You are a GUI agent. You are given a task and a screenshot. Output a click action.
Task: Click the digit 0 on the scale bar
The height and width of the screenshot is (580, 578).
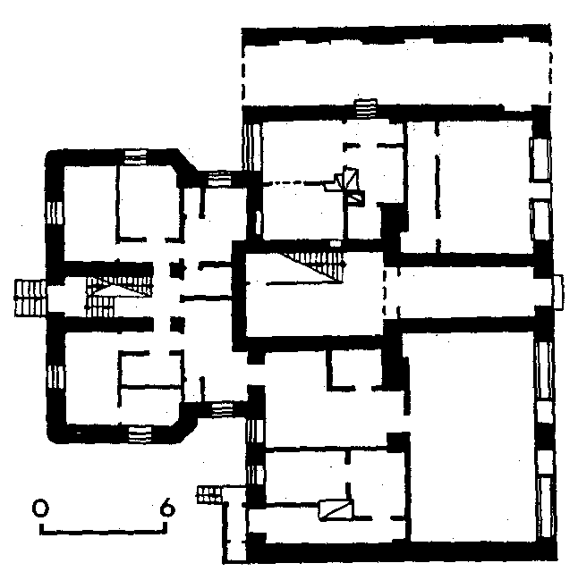pyautogui.click(x=40, y=508)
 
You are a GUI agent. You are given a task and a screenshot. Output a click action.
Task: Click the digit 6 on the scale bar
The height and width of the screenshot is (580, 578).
pyautogui.click(x=167, y=507)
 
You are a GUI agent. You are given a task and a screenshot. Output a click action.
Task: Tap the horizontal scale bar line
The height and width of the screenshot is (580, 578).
pyautogui.click(x=103, y=533)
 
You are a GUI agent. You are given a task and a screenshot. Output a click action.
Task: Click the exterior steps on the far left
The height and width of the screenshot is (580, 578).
pyautogui.click(x=30, y=298)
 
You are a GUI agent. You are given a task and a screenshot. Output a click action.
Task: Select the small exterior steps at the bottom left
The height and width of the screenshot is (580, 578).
pyautogui.click(x=209, y=494)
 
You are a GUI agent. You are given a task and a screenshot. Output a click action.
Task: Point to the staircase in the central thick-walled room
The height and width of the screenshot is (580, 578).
pyautogui.click(x=315, y=266)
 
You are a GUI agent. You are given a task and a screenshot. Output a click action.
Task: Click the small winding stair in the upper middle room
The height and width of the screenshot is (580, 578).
pyautogui.click(x=349, y=185)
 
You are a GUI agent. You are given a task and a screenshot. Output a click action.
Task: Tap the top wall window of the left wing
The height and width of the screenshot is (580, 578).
pyautogui.click(x=135, y=156)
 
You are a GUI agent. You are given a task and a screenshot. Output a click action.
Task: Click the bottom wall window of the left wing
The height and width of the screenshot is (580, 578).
pyautogui.click(x=140, y=434)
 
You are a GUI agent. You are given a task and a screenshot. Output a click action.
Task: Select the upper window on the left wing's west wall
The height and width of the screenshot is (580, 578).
pyautogui.click(x=55, y=213)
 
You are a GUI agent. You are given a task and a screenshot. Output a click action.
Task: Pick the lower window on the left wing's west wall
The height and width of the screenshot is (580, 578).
pyautogui.click(x=56, y=377)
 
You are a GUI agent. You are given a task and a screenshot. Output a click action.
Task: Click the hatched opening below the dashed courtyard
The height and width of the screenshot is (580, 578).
pyautogui.click(x=366, y=108)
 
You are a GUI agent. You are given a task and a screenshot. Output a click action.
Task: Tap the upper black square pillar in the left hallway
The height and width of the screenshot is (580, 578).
pyautogui.click(x=177, y=269)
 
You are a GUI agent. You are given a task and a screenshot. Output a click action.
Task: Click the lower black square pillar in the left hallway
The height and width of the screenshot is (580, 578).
pyautogui.click(x=177, y=324)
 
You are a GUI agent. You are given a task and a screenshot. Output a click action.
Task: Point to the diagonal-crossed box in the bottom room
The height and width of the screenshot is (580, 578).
pyautogui.click(x=336, y=510)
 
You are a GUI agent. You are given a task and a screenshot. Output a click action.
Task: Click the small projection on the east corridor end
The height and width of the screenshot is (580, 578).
pyautogui.click(x=558, y=292)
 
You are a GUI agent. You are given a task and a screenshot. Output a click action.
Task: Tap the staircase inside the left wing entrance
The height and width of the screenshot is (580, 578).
pyautogui.click(x=119, y=297)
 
